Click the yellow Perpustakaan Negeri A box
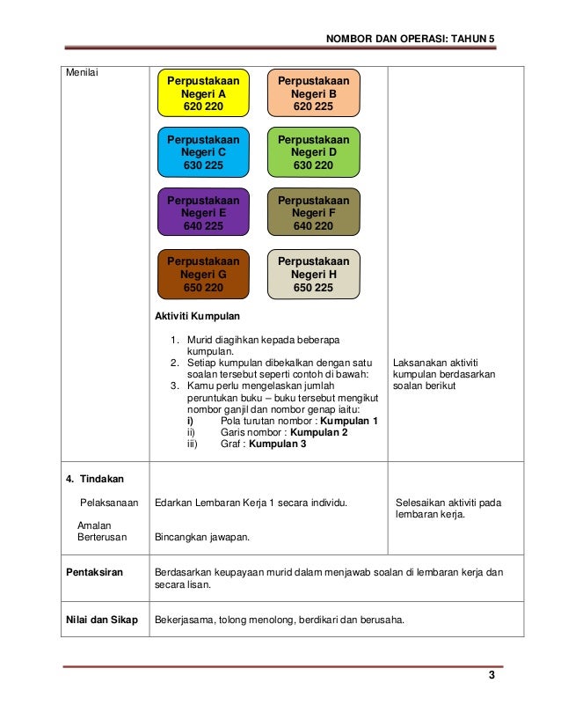(x=202, y=92)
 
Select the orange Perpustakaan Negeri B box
(x=313, y=92)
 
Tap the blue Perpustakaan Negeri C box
(x=202, y=152)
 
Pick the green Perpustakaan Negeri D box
(x=313, y=152)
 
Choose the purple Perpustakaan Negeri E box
(x=202, y=213)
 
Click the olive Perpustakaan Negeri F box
(x=313, y=213)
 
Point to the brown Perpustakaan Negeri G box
(x=202, y=275)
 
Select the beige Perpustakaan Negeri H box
(x=313, y=275)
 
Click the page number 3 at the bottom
(x=492, y=675)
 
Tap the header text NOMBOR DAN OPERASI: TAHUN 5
(x=411, y=40)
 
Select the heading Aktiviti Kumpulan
(x=197, y=315)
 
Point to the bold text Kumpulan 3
(x=278, y=444)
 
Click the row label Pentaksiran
(x=96, y=572)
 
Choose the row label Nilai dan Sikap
(x=102, y=619)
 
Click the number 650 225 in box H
(x=313, y=287)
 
